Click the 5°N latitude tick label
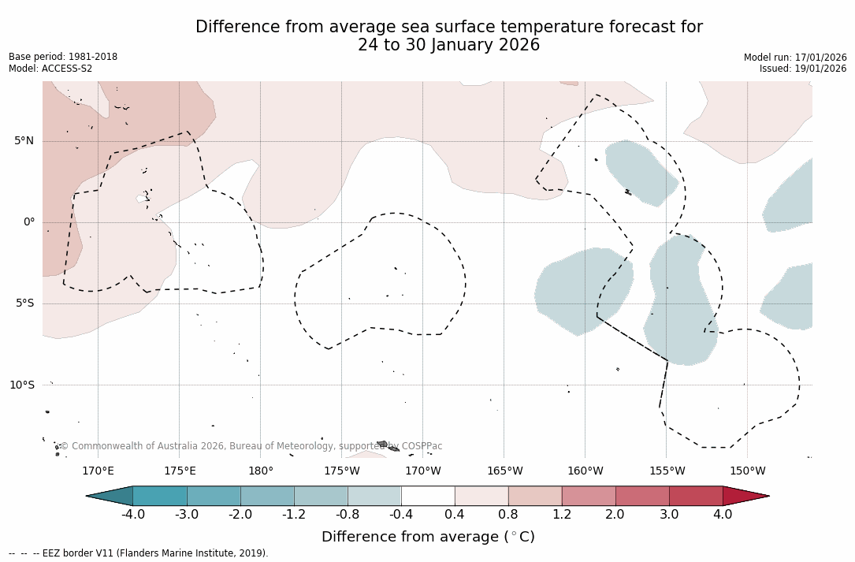coord(24,141)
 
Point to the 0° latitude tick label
coord(28,222)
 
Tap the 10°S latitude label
coord(21,385)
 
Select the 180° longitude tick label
coord(260,471)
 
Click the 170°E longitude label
coord(98,471)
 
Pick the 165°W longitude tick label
coord(504,471)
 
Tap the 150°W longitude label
coord(747,471)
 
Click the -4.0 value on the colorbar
coord(132,515)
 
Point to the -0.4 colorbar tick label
coord(401,515)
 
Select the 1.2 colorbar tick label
coord(562,515)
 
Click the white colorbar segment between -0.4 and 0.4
coord(428,496)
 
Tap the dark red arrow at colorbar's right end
coord(744,496)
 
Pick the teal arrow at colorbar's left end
coord(111,496)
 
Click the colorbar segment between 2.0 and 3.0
coord(642,496)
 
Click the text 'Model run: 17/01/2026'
coord(795,58)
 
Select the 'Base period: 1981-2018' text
coord(63,57)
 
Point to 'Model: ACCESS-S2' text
coord(50,69)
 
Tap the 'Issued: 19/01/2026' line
coord(803,69)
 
